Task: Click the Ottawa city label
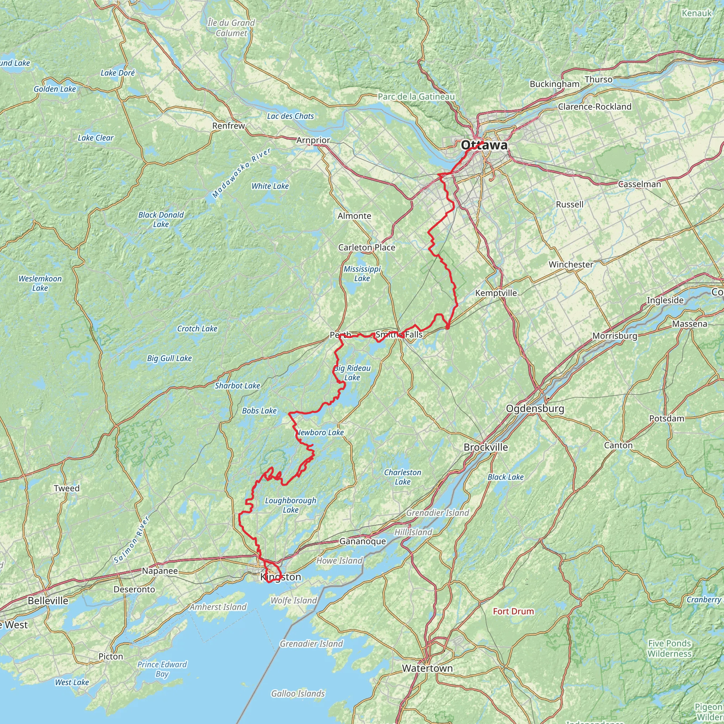(484, 145)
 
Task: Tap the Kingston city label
(281, 577)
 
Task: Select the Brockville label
(486, 447)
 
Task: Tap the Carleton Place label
(367, 247)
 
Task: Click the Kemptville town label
(496, 293)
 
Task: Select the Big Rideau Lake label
(352, 373)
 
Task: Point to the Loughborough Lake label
(291, 505)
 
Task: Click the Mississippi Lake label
(362, 274)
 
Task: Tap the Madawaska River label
(241, 173)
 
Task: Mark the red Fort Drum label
(513, 611)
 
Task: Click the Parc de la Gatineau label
(416, 97)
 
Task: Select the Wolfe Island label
(294, 600)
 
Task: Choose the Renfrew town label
(228, 125)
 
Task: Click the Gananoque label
(362, 541)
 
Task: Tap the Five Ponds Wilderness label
(669, 648)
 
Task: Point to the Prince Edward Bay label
(162, 669)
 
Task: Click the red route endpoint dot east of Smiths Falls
(448, 327)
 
